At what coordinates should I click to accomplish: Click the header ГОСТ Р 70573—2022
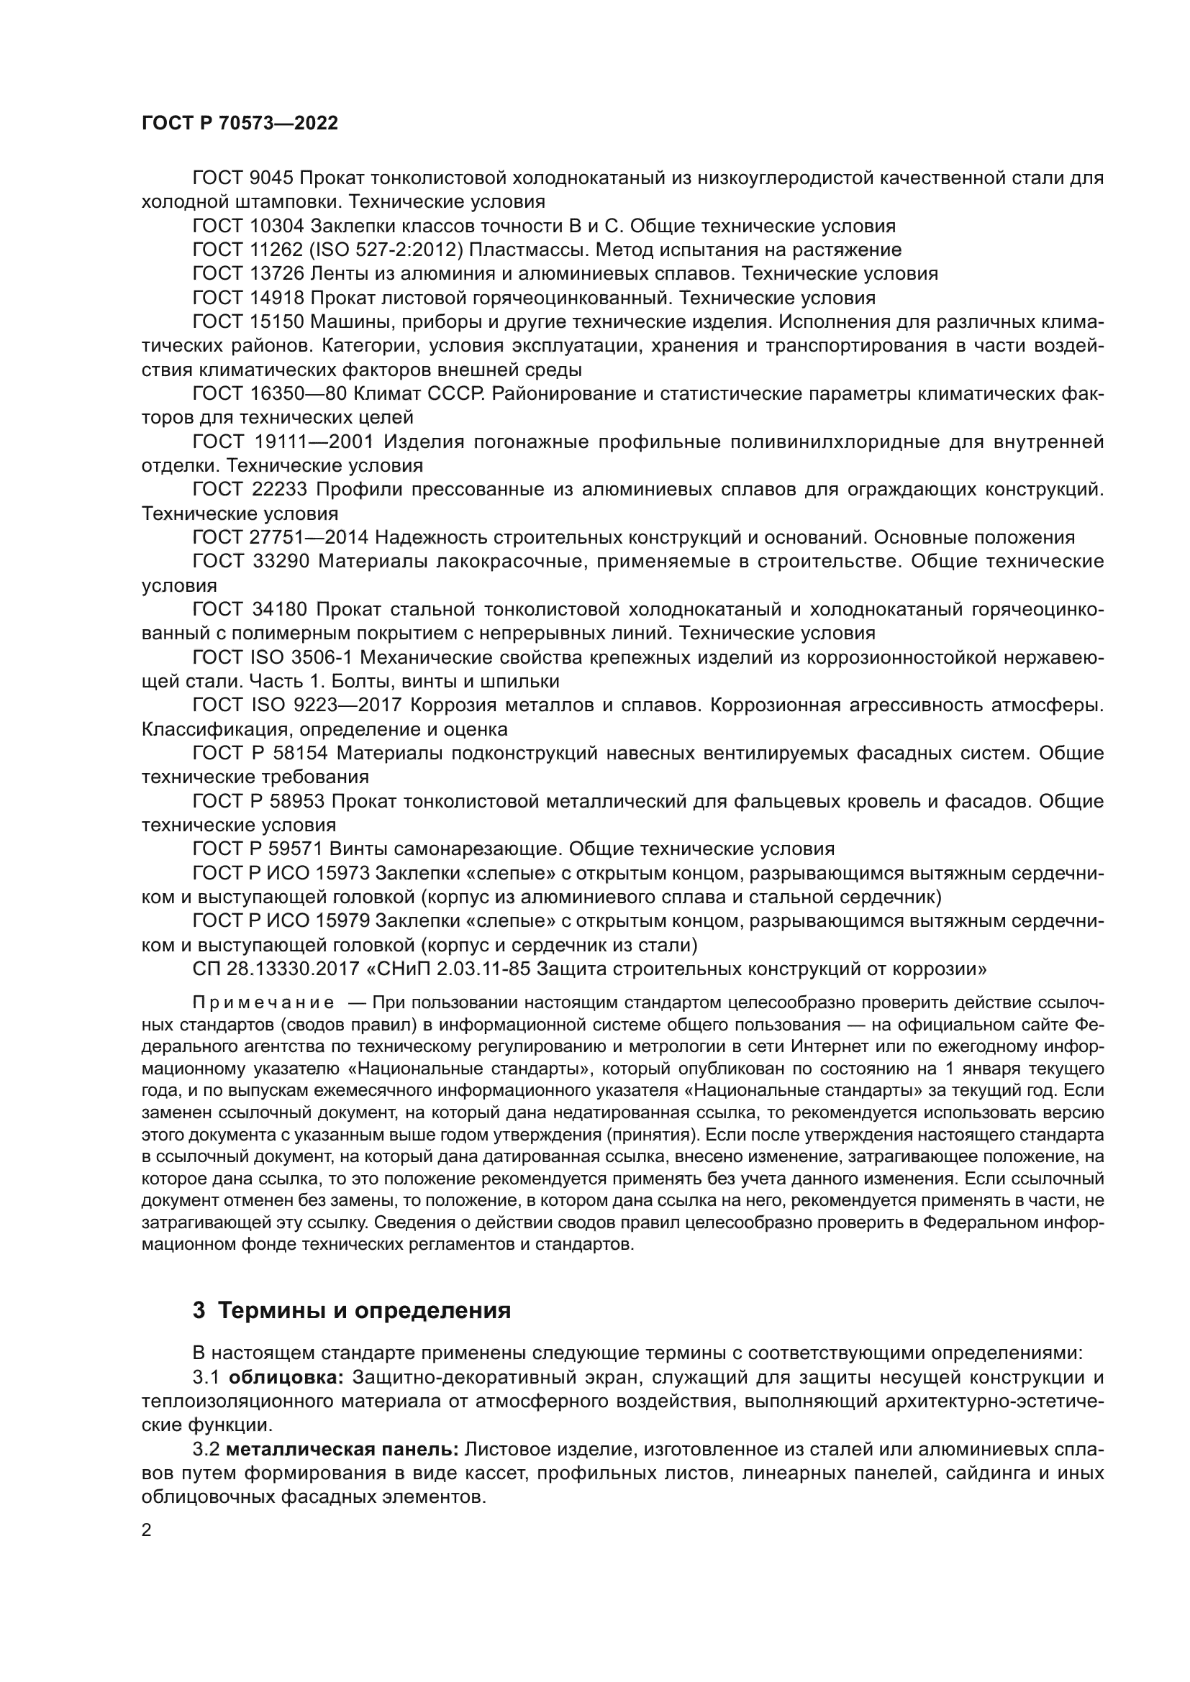[x=240, y=123]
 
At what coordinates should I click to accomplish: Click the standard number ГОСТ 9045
[x=242, y=178]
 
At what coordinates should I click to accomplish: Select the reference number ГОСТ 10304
[x=247, y=226]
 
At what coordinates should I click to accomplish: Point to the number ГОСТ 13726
[x=247, y=274]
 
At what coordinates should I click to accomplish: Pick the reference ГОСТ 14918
[x=247, y=298]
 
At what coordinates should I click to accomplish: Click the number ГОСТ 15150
[x=247, y=321]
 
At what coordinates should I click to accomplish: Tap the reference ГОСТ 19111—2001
[x=283, y=442]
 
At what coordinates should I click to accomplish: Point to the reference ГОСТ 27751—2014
[x=280, y=538]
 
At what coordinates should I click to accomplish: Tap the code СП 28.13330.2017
[x=273, y=969]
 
